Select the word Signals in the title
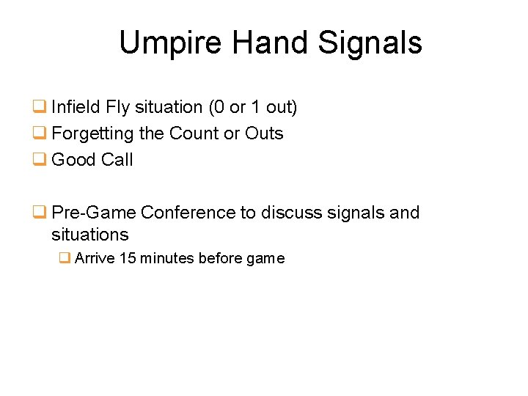click(x=370, y=43)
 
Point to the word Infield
click(x=76, y=107)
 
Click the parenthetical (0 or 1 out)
click(x=253, y=107)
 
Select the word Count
click(x=194, y=133)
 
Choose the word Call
click(x=117, y=160)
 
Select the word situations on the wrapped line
click(x=89, y=235)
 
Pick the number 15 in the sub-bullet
click(x=127, y=258)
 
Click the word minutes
click(x=166, y=258)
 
